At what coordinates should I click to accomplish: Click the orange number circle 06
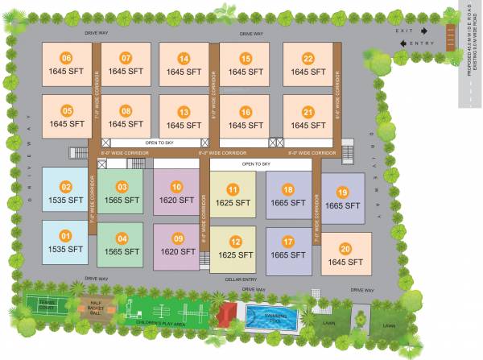pyautogui.click(x=66, y=58)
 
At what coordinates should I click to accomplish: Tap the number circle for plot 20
pyautogui.click(x=345, y=249)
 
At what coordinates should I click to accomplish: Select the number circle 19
pyautogui.click(x=342, y=192)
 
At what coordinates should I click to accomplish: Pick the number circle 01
pyautogui.click(x=66, y=236)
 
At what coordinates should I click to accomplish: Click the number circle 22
pyautogui.click(x=308, y=58)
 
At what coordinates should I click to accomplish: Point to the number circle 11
pyautogui.click(x=233, y=189)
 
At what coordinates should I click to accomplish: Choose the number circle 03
pyautogui.click(x=122, y=187)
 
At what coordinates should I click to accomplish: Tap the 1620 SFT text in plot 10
pyautogui.click(x=176, y=200)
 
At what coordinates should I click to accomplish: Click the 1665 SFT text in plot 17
pyautogui.click(x=288, y=254)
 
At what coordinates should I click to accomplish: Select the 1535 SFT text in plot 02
pyautogui.click(x=66, y=200)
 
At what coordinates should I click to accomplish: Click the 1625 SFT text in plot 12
pyautogui.click(x=233, y=254)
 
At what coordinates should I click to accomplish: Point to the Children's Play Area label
pyautogui.click(x=161, y=322)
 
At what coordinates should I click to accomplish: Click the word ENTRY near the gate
pyautogui.click(x=422, y=43)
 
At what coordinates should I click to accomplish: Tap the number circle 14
pyautogui.click(x=184, y=58)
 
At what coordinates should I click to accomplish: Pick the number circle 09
pyautogui.click(x=178, y=239)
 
